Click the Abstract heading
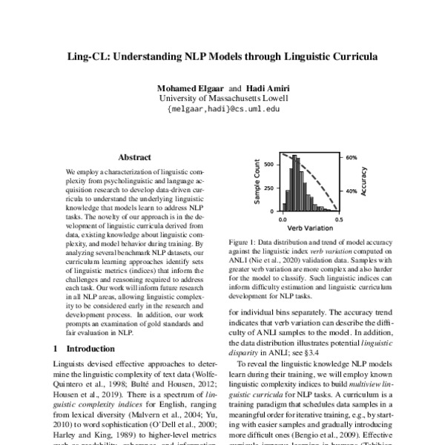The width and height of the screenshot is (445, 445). click(x=135, y=157)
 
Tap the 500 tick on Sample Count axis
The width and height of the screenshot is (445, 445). click(x=272, y=163)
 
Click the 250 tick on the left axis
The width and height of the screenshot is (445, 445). click(x=272, y=188)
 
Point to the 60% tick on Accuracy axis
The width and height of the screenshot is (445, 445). click(x=352, y=158)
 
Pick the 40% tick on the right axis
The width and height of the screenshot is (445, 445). click(x=352, y=190)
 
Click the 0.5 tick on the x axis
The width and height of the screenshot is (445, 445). click(x=338, y=220)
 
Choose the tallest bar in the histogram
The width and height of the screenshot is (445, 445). click(x=294, y=185)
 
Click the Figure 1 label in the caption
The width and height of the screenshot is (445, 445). click(x=244, y=242)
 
